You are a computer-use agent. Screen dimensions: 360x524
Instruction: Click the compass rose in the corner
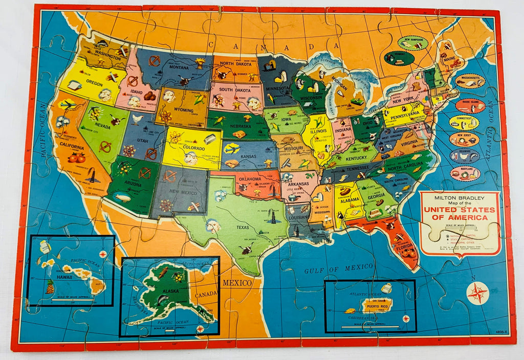point(477,294)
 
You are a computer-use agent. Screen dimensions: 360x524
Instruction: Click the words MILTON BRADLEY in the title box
point(459,198)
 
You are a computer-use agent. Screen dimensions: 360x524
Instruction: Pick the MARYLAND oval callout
point(465,173)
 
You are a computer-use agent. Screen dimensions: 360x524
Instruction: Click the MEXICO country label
point(237,283)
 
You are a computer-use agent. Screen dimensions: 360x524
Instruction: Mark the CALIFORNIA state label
point(73,147)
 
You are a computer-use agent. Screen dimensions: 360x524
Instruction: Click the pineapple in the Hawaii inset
point(50,287)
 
